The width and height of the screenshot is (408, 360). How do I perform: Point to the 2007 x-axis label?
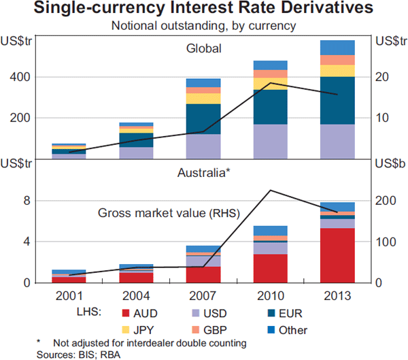(x=203, y=296)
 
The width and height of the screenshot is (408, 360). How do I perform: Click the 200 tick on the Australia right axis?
(x=384, y=201)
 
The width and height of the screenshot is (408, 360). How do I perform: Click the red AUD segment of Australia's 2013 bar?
(x=337, y=255)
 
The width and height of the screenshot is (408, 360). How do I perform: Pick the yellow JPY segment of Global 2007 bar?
(x=204, y=99)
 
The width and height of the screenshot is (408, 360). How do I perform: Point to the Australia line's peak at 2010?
(x=271, y=191)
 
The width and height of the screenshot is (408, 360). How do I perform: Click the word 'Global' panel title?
(x=204, y=49)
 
